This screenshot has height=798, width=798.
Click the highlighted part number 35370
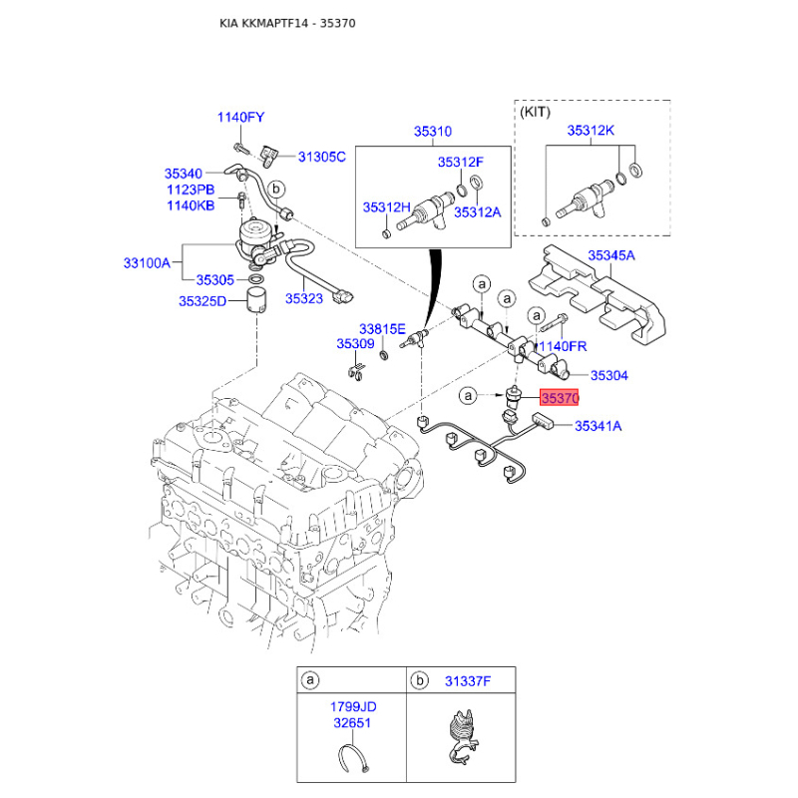pos(559,398)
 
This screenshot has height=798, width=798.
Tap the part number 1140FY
pos(240,118)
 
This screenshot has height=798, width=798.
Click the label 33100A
pos(147,263)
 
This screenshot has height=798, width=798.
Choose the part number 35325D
pos(202,300)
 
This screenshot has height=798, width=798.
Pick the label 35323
pos(303,296)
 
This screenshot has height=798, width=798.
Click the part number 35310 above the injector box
pos(434,131)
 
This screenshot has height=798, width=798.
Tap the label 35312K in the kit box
pos(591,131)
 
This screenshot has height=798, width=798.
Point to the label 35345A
pos(610,256)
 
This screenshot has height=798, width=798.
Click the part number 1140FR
pos(563,346)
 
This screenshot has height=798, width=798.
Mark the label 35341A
pos(598,427)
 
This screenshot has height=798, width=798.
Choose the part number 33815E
pos(382,328)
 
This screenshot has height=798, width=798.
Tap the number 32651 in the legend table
pos(353,722)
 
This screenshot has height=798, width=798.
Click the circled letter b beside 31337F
pos(419,681)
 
